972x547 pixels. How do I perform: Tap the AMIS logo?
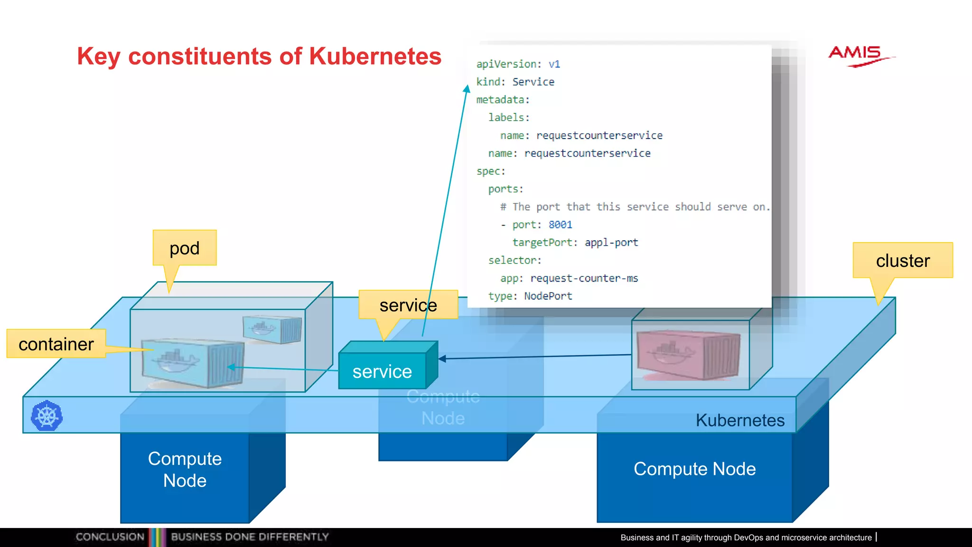pyautogui.click(x=858, y=56)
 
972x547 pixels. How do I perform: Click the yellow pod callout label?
pyautogui.click(x=185, y=248)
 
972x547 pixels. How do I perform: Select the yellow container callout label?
pyautogui.click(x=56, y=344)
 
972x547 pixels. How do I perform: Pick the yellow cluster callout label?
pyautogui.click(x=903, y=260)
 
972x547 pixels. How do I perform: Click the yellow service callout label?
pyautogui.click(x=408, y=305)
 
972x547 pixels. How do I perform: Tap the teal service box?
pyautogui.click(x=382, y=371)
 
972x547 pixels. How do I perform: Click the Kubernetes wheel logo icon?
pyautogui.click(x=47, y=416)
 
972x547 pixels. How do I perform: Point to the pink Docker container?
pyautogui.click(x=688, y=355)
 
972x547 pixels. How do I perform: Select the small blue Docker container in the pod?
pyautogui.click(x=272, y=329)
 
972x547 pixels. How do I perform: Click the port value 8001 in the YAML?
pyautogui.click(x=561, y=225)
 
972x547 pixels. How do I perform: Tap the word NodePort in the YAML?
pyautogui.click(x=548, y=296)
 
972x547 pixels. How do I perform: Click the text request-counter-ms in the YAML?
pyautogui.click(x=584, y=278)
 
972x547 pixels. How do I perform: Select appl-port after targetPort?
pyautogui.click(x=611, y=243)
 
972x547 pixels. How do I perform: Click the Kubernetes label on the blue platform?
pyautogui.click(x=740, y=420)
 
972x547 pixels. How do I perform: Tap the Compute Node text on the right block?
pyautogui.click(x=694, y=469)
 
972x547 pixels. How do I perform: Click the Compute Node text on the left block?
pyautogui.click(x=185, y=469)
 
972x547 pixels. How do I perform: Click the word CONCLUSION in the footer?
pyautogui.click(x=110, y=537)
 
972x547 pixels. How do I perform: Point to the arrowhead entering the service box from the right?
pyautogui.click(x=442, y=358)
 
